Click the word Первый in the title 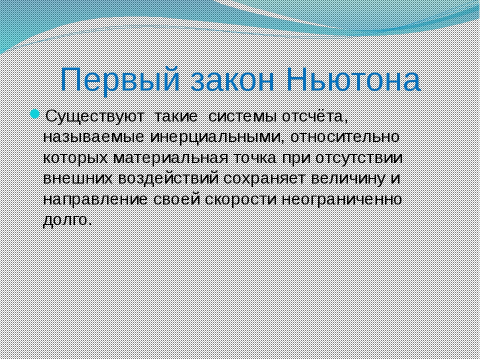click(x=125, y=79)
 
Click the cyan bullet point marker click(x=34, y=114)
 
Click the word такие click(x=175, y=117)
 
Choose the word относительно click(x=344, y=137)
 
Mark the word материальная click(x=170, y=158)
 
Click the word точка click(x=256, y=158)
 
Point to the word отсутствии click(x=359, y=158)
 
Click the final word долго click(x=67, y=220)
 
